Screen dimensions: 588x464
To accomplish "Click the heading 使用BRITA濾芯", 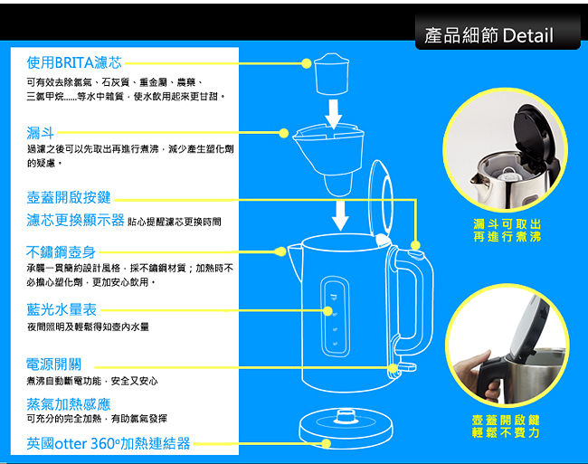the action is pos(74,62).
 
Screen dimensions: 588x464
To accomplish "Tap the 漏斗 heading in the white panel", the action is pos(41,133).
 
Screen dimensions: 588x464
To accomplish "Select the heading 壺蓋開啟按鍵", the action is pos(69,197).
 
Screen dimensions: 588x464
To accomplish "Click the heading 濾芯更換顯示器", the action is pos(75,220).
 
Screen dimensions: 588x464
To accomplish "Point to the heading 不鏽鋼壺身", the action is pos(61,252).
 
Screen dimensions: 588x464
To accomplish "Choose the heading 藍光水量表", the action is pos(62,309).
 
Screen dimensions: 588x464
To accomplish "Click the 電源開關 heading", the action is pos(53,364).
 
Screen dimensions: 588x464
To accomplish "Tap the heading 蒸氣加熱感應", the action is pos(69,404).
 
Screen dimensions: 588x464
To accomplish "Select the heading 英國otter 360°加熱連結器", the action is pos(109,443).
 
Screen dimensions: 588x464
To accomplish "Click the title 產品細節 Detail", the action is pos(488,35).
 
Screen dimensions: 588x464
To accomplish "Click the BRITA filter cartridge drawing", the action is pos(331,74).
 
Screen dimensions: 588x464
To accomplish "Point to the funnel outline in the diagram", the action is pos(329,160).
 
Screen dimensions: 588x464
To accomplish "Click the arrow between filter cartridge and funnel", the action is pos(334,114).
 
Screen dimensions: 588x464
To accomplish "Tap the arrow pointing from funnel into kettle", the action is pos(340,215).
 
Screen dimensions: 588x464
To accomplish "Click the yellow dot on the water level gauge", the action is pos(327,311).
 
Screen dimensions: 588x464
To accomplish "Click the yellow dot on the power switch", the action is pos(393,369).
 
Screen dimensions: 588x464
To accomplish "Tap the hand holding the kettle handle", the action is pos(476,374).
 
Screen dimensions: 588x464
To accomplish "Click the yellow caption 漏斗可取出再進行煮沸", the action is pos(507,230).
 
